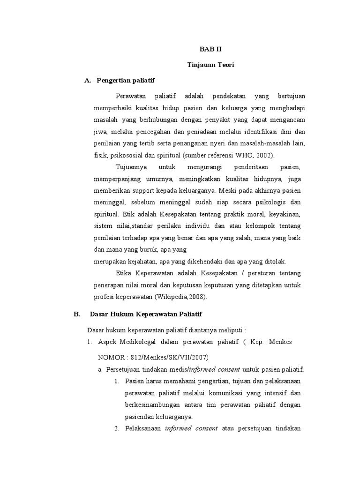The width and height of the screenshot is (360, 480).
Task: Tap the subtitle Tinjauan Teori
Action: click(208, 65)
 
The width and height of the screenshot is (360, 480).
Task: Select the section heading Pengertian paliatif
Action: click(125, 81)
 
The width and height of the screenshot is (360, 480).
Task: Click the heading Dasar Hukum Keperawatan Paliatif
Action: click(145, 314)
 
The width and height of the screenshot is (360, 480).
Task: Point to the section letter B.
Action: click(77, 314)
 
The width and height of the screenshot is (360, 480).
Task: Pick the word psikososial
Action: click(125, 155)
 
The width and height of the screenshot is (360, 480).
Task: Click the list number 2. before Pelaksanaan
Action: click(117, 428)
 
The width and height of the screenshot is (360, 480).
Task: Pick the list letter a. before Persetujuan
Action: click(100, 369)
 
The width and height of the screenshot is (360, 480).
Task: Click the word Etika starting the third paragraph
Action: click(123, 273)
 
